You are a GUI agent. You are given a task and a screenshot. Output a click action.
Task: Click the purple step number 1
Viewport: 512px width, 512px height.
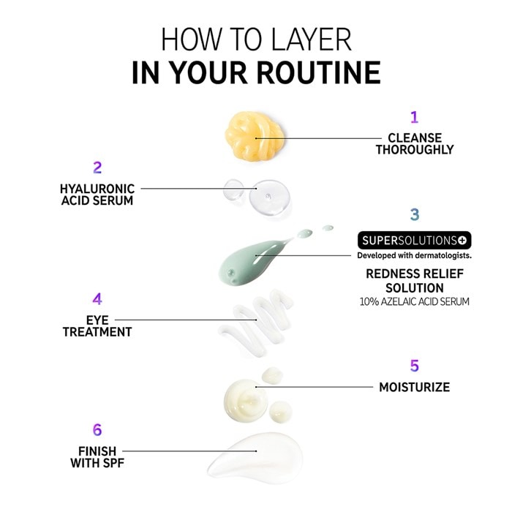(x=415, y=117)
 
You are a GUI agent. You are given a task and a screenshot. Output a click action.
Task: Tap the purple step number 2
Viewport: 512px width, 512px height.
(x=97, y=167)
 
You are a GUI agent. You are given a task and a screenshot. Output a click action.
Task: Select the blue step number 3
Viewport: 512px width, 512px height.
(x=415, y=214)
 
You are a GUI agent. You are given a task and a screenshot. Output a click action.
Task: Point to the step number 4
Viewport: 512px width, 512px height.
(x=97, y=299)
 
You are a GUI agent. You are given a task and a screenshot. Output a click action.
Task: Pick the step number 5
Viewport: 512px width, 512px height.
(x=415, y=366)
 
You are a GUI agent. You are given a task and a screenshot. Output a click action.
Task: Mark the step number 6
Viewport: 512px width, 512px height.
(x=97, y=430)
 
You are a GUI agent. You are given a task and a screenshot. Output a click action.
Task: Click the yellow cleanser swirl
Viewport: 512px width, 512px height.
(x=255, y=135)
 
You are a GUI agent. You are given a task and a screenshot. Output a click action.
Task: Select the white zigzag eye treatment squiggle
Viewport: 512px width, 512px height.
(x=256, y=323)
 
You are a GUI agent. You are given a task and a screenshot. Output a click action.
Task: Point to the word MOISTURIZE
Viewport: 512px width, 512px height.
(x=415, y=387)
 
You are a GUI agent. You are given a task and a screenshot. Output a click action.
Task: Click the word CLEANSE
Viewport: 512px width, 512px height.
(x=415, y=138)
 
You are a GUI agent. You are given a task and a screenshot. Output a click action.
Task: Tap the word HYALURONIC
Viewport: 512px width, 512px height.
(x=97, y=189)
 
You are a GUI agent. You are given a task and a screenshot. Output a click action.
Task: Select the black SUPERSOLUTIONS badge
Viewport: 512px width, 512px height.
(x=415, y=241)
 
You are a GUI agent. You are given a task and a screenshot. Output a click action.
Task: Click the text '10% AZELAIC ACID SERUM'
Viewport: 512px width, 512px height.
(x=415, y=301)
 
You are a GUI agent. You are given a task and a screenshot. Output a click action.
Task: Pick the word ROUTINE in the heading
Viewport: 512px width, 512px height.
(x=319, y=72)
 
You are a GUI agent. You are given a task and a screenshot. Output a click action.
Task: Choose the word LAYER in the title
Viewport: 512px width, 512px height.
(x=311, y=39)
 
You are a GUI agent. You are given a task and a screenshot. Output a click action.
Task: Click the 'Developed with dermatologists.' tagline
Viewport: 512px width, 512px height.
(x=415, y=256)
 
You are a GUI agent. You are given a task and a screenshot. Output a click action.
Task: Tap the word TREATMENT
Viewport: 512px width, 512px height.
(x=97, y=332)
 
